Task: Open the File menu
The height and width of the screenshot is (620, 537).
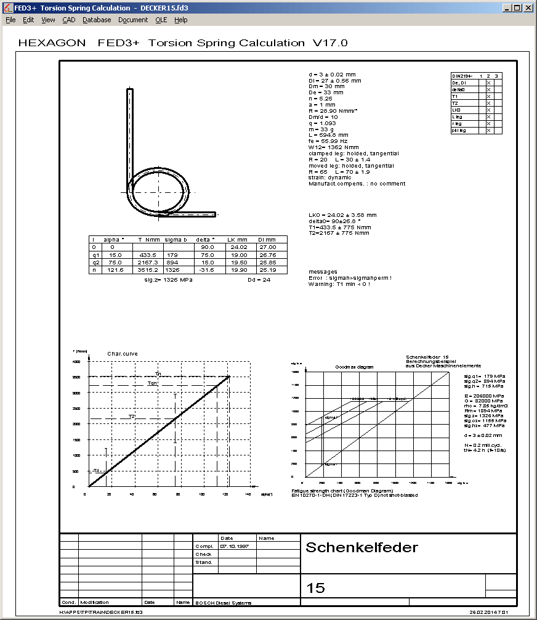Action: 10,20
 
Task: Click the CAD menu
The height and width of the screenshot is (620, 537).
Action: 68,20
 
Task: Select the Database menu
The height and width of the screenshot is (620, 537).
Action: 97,20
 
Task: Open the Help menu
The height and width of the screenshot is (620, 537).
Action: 180,20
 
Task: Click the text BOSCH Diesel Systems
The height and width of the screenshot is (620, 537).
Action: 223,603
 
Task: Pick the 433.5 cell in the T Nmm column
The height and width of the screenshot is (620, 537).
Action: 148,255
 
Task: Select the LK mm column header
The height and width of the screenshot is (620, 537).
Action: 236,239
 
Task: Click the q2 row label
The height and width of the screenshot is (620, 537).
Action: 95,262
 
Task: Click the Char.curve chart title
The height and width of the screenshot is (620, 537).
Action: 123,354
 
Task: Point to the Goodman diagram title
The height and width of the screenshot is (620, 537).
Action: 354,367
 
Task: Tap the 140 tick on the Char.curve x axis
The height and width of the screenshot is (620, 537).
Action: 248,494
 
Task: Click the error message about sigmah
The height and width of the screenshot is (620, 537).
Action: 350,278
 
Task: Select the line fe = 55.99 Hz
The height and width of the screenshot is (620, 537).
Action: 329,141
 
